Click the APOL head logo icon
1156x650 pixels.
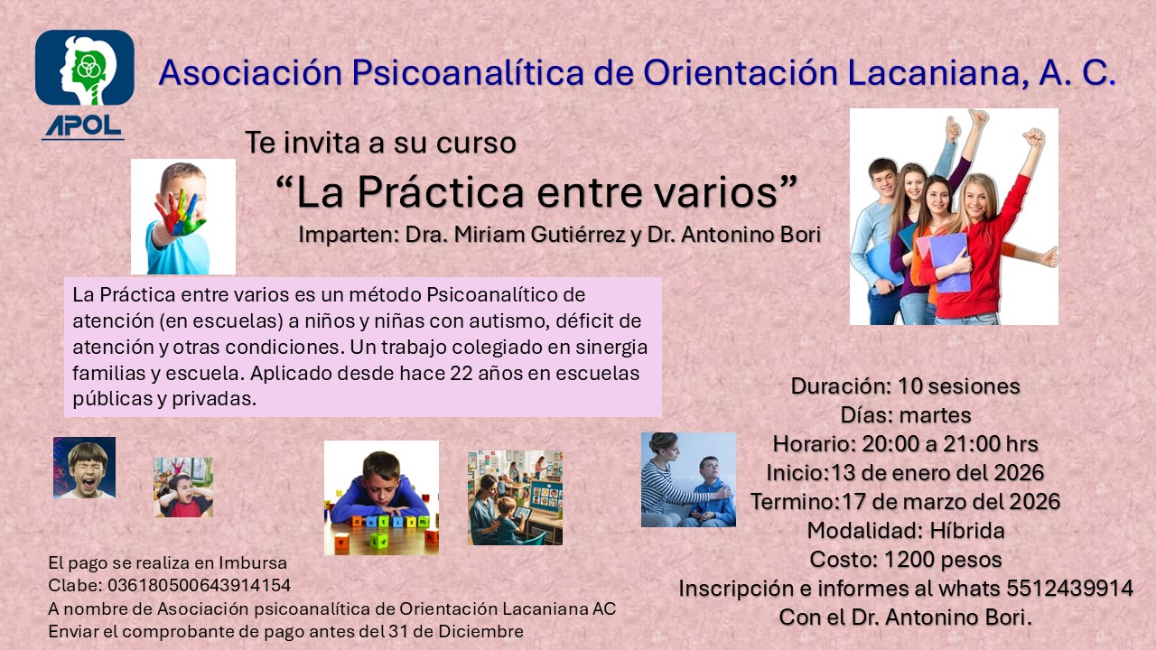[x=85, y=68]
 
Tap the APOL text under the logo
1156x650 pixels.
[x=83, y=126]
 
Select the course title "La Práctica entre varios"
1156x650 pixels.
[x=536, y=192]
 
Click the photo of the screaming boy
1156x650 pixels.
[x=84, y=468]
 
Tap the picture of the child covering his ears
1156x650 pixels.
[x=183, y=487]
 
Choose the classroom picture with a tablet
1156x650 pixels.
[x=515, y=497]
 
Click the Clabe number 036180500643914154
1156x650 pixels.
[x=200, y=586]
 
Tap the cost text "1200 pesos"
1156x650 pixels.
[x=943, y=559]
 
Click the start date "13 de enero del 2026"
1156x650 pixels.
[x=938, y=472]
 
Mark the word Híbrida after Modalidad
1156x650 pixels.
[x=967, y=530]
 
